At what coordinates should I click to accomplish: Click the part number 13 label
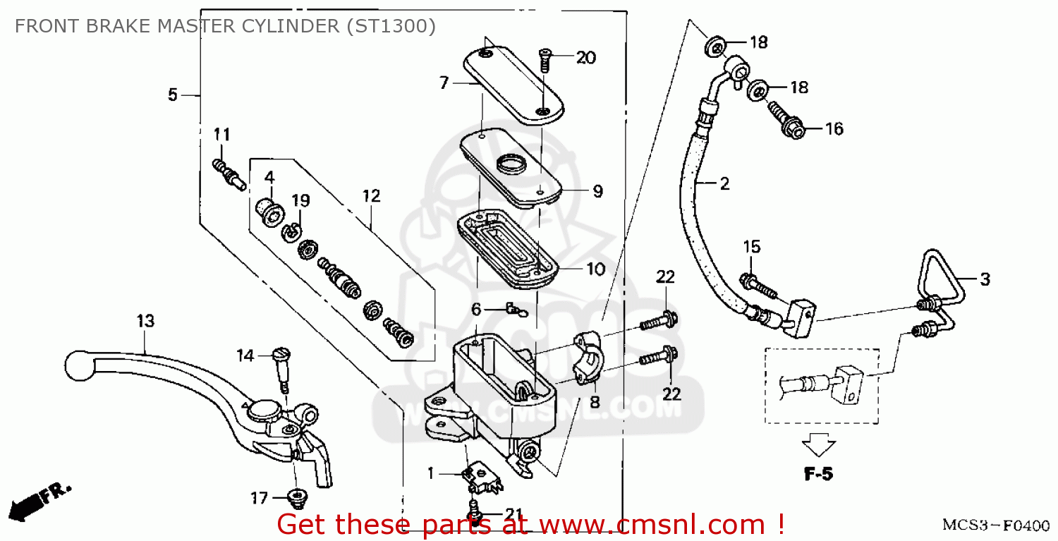pos(145,322)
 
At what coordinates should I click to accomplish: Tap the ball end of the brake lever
pos(75,364)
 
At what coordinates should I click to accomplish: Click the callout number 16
pos(834,129)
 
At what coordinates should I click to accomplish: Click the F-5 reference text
pos(818,475)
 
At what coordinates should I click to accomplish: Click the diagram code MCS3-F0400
pos(995,526)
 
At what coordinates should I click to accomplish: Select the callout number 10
pos(596,269)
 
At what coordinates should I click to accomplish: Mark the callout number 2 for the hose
pos(724,185)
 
